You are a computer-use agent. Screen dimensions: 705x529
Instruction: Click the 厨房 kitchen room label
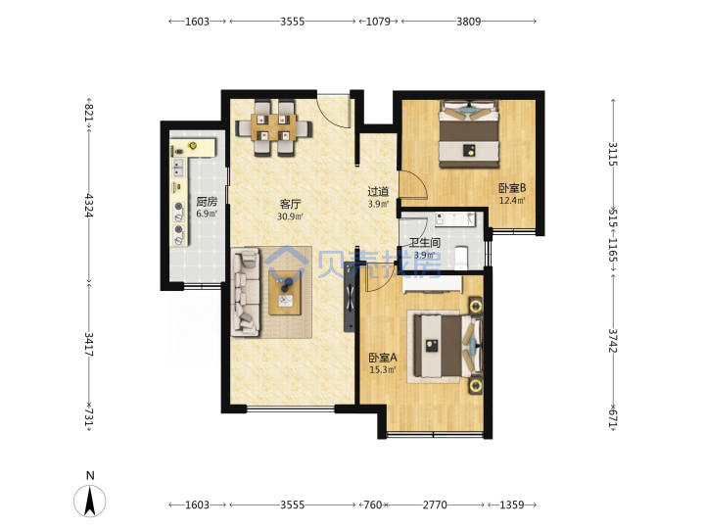207,202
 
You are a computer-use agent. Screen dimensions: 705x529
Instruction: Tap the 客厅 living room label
290,204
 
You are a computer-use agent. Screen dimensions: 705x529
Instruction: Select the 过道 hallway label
378,192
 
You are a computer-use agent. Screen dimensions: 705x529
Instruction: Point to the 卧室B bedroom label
512,188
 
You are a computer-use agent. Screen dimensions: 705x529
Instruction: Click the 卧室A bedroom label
383,359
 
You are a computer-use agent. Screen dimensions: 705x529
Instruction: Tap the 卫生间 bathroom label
424,243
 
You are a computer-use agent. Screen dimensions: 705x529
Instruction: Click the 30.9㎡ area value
290,216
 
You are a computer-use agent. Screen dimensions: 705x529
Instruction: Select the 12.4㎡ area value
512,200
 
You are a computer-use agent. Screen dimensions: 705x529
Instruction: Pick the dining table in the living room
274,127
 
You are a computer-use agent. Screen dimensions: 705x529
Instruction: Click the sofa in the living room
246,292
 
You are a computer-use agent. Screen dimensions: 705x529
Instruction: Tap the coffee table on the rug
285,292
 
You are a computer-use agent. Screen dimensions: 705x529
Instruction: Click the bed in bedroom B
469,134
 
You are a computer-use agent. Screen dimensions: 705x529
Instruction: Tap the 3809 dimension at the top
468,22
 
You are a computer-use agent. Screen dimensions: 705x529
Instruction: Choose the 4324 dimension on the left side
89,206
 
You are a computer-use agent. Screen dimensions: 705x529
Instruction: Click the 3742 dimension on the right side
613,341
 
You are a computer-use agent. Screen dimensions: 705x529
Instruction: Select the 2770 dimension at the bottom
435,505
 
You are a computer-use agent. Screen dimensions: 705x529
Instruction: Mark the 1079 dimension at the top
378,22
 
